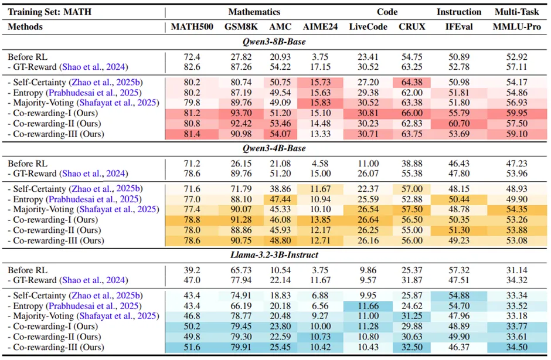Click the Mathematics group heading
254,12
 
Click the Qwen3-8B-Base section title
275,42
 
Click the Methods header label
25,27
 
